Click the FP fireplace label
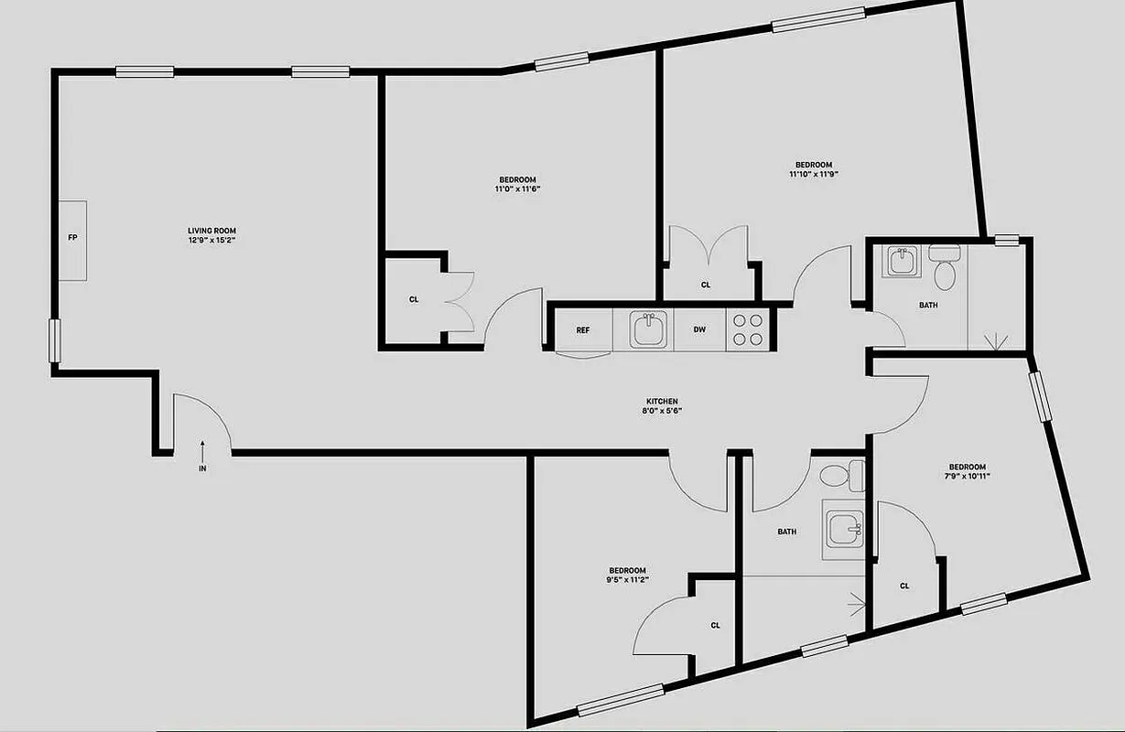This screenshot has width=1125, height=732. (72, 238)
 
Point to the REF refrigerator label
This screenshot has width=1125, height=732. (582, 330)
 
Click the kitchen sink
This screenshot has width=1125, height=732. (650, 329)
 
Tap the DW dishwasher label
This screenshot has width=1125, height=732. (699, 330)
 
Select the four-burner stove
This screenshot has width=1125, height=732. (748, 329)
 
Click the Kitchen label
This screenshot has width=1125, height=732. (662, 402)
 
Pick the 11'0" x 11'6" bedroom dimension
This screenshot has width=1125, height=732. (518, 189)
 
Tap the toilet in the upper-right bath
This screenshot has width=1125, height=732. (944, 265)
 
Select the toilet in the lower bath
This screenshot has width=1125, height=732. (841, 476)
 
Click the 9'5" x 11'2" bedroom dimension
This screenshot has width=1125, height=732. (627, 580)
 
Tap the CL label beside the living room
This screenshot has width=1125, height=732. (414, 299)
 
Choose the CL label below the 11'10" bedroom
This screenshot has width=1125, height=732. (706, 285)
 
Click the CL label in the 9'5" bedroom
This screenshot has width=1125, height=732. (716, 626)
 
